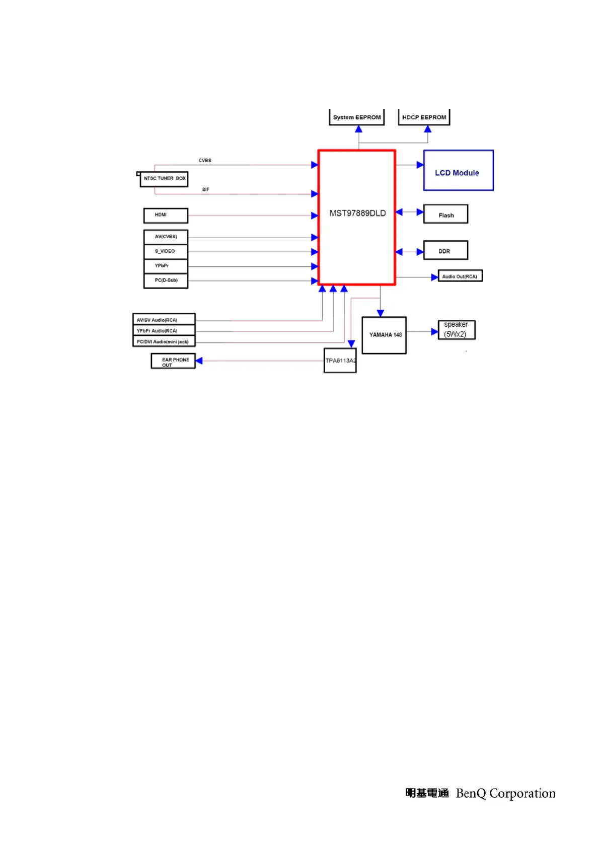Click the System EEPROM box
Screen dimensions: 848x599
(x=356, y=117)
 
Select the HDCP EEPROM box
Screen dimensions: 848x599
(x=424, y=117)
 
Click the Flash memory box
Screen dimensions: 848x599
(x=445, y=214)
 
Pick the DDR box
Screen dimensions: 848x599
(x=445, y=250)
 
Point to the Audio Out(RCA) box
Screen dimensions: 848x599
(x=460, y=276)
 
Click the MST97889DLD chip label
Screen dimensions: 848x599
(x=357, y=213)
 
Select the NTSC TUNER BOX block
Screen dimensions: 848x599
(x=164, y=179)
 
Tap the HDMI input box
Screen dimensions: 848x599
(x=166, y=215)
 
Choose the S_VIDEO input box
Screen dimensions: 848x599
(x=166, y=251)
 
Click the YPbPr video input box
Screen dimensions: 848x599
(x=166, y=266)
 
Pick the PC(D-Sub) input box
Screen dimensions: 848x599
(x=166, y=280)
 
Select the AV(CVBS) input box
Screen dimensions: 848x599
(x=166, y=237)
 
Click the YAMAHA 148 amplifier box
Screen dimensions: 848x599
(x=384, y=335)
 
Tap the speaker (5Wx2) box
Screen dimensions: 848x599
(x=456, y=330)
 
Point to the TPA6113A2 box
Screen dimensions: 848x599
(x=340, y=361)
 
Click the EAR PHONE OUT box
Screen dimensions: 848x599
(x=173, y=361)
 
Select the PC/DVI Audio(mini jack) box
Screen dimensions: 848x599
(x=164, y=341)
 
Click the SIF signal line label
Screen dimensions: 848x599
(x=205, y=189)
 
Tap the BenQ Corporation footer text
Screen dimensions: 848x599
(x=505, y=793)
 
